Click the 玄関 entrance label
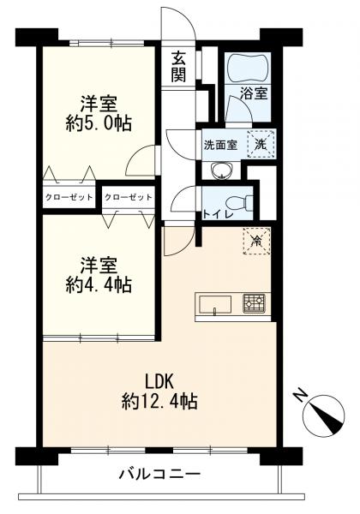(x=178, y=68)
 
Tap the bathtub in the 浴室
(x=248, y=68)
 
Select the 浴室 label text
(x=254, y=93)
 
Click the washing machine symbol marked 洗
(x=261, y=144)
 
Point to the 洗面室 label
(x=220, y=145)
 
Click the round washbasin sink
(x=222, y=170)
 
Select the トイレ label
(x=218, y=213)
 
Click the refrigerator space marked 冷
(x=257, y=242)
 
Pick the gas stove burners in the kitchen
(x=254, y=303)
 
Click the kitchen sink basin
(x=215, y=304)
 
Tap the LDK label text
(x=159, y=382)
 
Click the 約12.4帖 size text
(x=159, y=401)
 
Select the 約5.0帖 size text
(x=99, y=123)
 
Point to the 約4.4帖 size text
(x=99, y=284)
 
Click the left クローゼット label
(x=69, y=197)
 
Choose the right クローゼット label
(x=129, y=197)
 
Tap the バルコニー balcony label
(x=159, y=474)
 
